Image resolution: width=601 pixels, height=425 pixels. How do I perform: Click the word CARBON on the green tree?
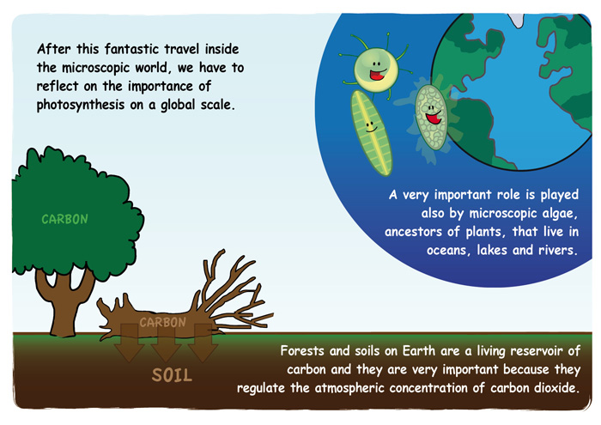(x=64, y=219)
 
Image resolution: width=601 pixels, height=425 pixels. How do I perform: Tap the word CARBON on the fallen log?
(x=162, y=322)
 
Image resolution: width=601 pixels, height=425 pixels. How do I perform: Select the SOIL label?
(x=172, y=375)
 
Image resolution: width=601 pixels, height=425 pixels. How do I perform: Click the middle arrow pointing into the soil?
(x=166, y=343)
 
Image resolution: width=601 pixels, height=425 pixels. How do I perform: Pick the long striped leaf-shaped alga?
(x=372, y=133)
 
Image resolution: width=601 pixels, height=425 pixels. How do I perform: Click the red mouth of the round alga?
(x=377, y=75)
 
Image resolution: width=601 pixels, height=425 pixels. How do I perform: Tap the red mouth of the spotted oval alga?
(x=434, y=118)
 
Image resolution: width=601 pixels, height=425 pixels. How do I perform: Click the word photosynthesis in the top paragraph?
(x=81, y=105)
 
